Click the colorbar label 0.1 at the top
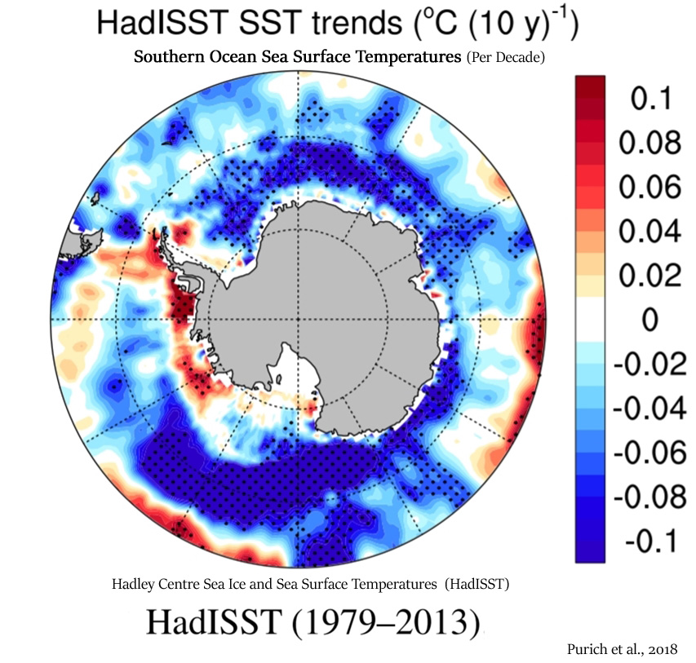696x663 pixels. coord(651,98)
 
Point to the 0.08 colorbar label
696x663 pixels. coord(649,143)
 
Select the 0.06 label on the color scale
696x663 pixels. coord(649,187)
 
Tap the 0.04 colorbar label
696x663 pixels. coord(649,231)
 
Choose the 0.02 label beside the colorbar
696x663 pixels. coord(649,275)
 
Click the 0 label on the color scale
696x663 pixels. coord(649,320)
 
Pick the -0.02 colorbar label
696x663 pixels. coord(649,364)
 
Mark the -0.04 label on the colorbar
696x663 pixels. coord(649,409)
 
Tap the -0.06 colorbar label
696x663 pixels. coord(649,453)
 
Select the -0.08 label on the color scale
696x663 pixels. coord(649,497)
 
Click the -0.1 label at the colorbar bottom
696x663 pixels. coord(651,541)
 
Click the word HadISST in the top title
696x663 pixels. coord(162,22)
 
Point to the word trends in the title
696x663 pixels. coord(357,23)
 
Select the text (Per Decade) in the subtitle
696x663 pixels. coord(506,58)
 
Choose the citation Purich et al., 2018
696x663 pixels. coord(623,649)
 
